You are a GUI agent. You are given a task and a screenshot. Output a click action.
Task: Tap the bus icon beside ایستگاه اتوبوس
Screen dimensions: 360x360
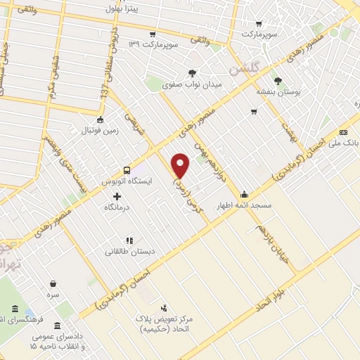(127, 169)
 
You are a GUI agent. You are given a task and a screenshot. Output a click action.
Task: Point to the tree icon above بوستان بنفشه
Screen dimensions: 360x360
(278, 80)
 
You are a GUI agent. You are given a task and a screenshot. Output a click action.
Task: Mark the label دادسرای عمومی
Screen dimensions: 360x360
(59, 337)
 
